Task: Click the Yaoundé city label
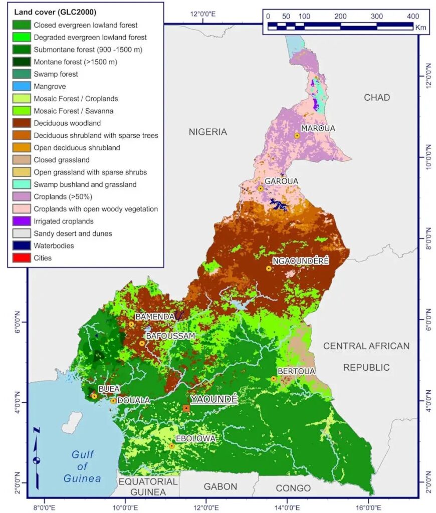click(x=213, y=399)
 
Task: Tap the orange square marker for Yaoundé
click(x=186, y=408)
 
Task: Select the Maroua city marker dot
click(x=297, y=136)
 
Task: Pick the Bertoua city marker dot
click(x=274, y=379)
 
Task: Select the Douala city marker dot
click(x=114, y=401)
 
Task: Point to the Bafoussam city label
click(x=170, y=336)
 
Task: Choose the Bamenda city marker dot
click(x=131, y=324)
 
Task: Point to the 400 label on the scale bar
click(x=413, y=16)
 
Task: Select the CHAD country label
click(x=376, y=97)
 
